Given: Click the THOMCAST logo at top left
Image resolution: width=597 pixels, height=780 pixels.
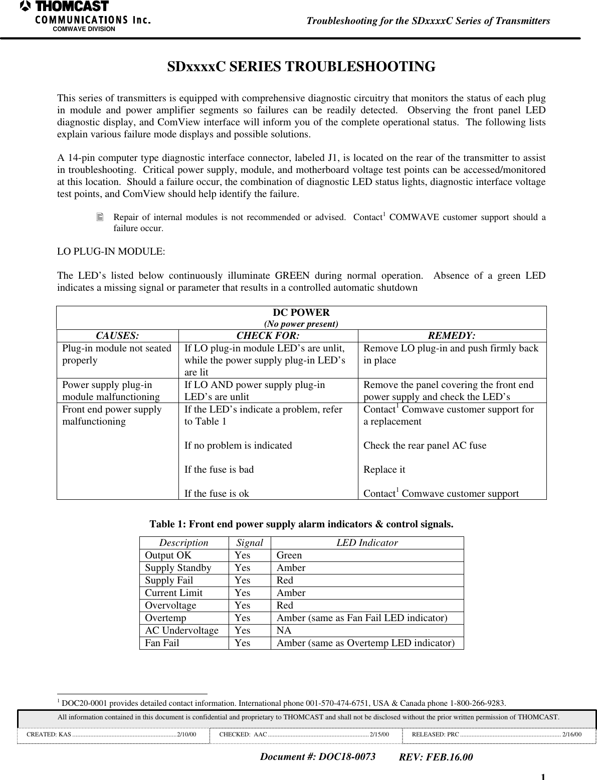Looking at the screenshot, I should point(65,7).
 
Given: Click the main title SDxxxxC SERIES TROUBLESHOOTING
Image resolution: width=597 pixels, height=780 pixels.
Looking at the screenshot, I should point(301,67).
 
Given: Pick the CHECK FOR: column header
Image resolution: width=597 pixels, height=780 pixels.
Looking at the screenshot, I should point(268,335).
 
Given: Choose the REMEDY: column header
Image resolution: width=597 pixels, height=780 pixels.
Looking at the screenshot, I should point(452,335).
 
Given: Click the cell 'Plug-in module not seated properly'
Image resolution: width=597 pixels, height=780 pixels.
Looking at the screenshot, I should point(117,354).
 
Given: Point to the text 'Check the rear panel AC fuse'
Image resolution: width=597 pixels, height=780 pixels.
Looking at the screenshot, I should point(425,445).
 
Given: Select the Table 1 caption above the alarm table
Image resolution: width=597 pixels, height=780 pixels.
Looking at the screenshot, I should point(301,524).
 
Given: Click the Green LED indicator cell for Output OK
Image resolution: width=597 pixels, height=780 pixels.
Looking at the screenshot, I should point(289,555).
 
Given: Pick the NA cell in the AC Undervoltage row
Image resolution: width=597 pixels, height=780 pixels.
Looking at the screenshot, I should point(284,631).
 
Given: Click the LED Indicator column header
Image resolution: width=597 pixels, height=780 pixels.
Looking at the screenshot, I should point(367,543).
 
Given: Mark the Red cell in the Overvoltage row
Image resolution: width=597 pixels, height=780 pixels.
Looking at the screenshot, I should point(285,606).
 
